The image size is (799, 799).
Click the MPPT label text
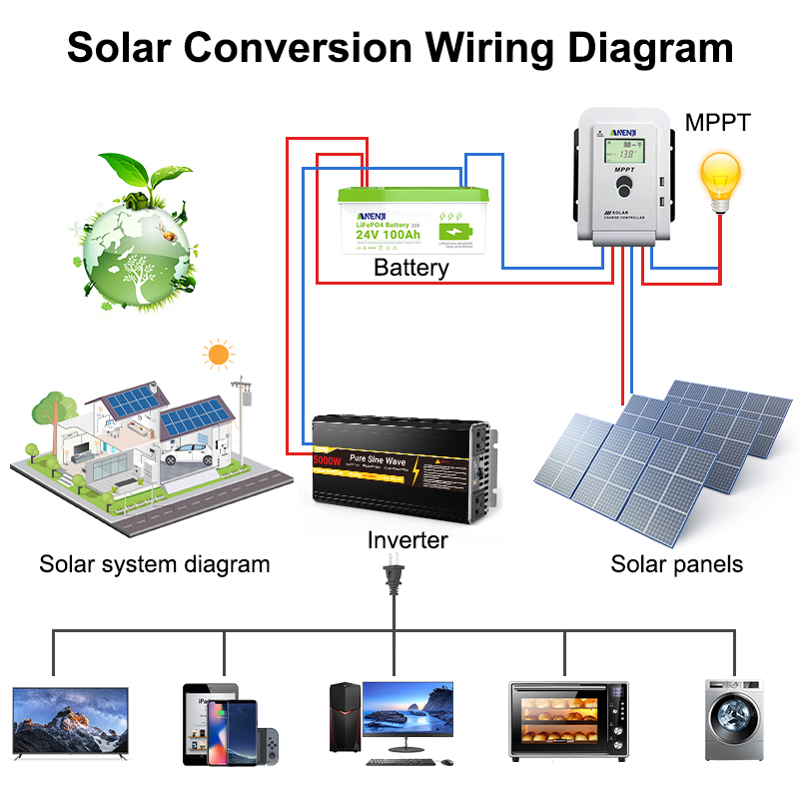(717, 123)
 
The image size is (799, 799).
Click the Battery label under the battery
(410, 268)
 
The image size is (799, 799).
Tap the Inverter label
(407, 540)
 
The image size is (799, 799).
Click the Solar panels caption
(676, 564)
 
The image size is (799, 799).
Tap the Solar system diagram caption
(154, 564)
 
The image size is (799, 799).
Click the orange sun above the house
(217, 354)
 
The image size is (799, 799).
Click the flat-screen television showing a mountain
(71, 720)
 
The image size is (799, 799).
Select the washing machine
(734, 720)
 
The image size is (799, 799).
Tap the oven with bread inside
(567, 722)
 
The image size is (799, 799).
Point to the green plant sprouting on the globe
(158, 181)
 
